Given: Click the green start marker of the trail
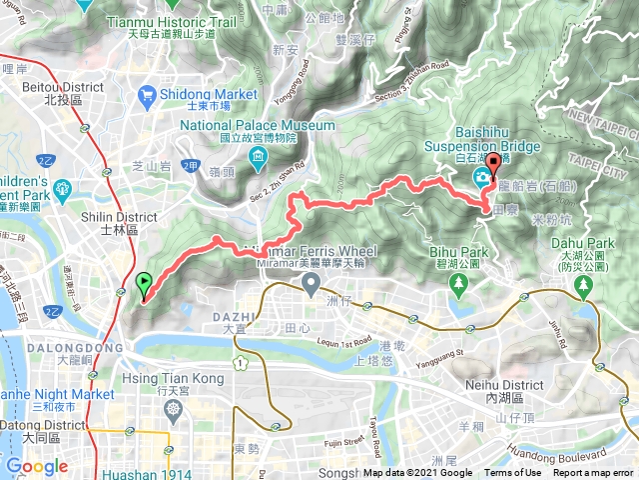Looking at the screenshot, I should point(143,284).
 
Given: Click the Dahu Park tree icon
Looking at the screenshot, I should point(584,286).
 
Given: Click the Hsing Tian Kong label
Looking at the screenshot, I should point(164,379).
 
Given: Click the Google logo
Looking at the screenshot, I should point(37,466).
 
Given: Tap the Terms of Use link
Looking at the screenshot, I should point(513,473).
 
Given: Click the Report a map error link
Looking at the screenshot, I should point(594,473).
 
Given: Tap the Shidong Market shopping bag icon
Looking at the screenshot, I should point(147,97).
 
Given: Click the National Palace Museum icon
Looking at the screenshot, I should point(259,158).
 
